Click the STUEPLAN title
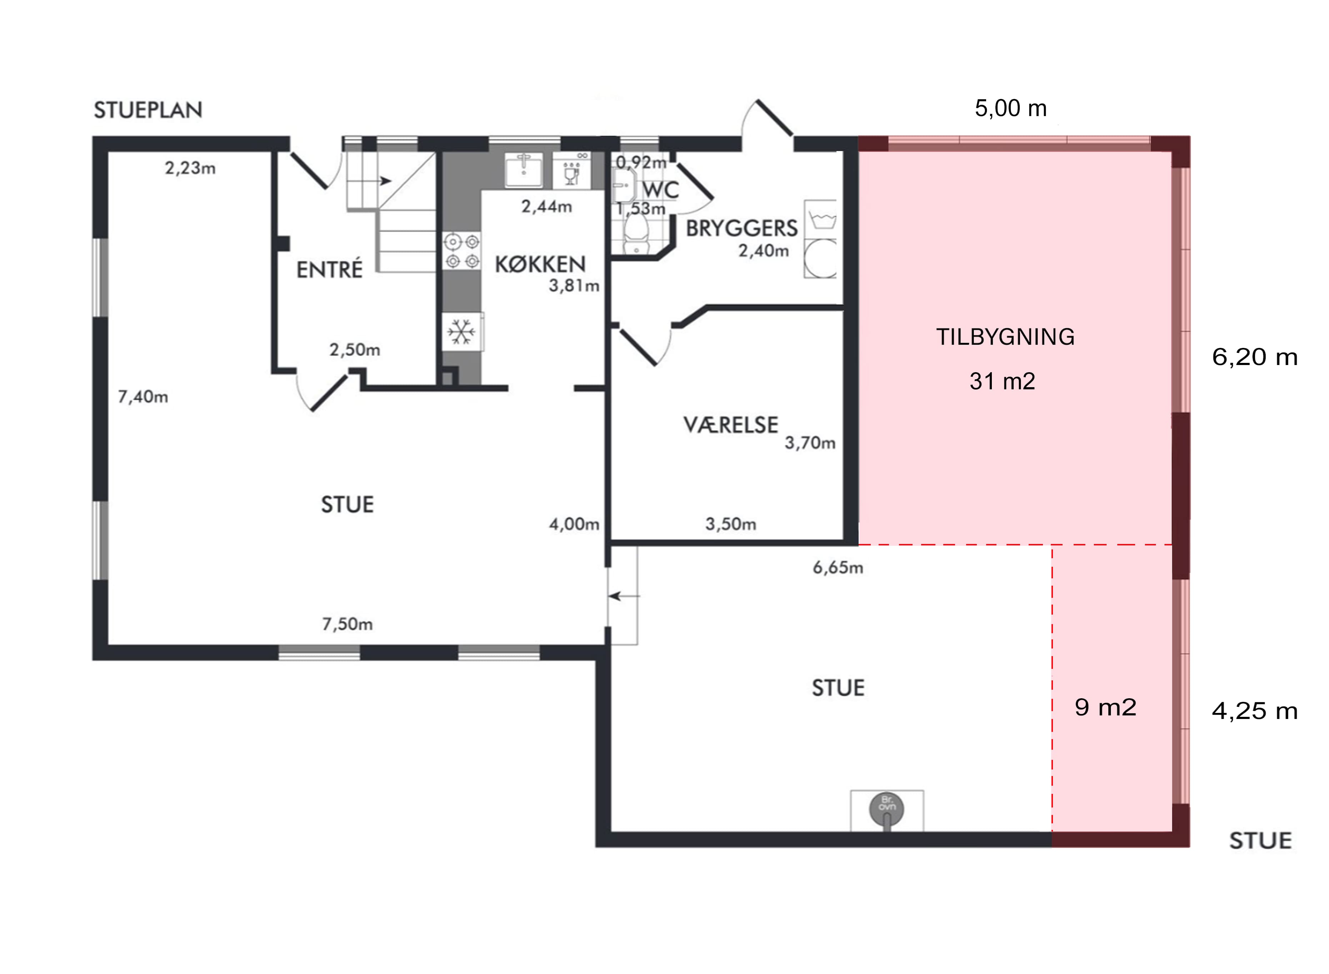[x=148, y=110]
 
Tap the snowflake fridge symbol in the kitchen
[x=462, y=332]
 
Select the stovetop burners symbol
[x=462, y=251]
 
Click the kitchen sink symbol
[x=524, y=169]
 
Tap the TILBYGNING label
[x=1005, y=337]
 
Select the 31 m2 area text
[x=1002, y=381]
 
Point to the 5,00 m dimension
[x=1011, y=109]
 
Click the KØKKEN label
[x=540, y=265]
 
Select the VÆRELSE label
[x=731, y=425]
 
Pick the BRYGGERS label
[x=742, y=228]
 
